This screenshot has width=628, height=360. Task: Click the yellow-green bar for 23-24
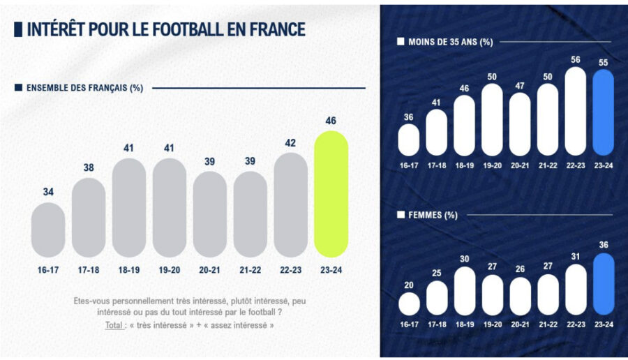pyautogui.click(x=331, y=194)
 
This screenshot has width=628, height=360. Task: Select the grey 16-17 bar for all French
pyautogui.click(x=48, y=230)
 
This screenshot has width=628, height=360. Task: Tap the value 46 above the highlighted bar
pyautogui.click(x=331, y=121)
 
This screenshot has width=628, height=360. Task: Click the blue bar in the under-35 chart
pyautogui.click(x=603, y=112)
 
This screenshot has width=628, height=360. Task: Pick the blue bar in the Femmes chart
pyautogui.click(x=603, y=284)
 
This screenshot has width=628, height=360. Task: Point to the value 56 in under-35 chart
pyautogui.click(x=576, y=60)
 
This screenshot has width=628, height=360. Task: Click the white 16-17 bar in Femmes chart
pyautogui.click(x=409, y=303)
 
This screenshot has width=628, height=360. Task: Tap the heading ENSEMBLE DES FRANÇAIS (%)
pyautogui.click(x=84, y=88)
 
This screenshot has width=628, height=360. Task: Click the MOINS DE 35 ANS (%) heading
pyautogui.click(x=450, y=42)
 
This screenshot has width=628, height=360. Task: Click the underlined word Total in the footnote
pyautogui.click(x=115, y=325)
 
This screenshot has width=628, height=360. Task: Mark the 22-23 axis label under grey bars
pyautogui.click(x=290, y=270)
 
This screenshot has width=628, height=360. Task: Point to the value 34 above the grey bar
pyautogui.click(x=48, y=191)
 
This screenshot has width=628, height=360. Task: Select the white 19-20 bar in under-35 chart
pyautogui.click(x=492, y=119)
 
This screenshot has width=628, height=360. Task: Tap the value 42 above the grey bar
pyautogui.click(x=290, y=143)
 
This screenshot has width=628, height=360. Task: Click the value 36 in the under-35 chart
pyautogui.click(x=409, y=117)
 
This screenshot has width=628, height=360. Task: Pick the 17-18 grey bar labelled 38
pyautogui.click(x=89, y=217)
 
